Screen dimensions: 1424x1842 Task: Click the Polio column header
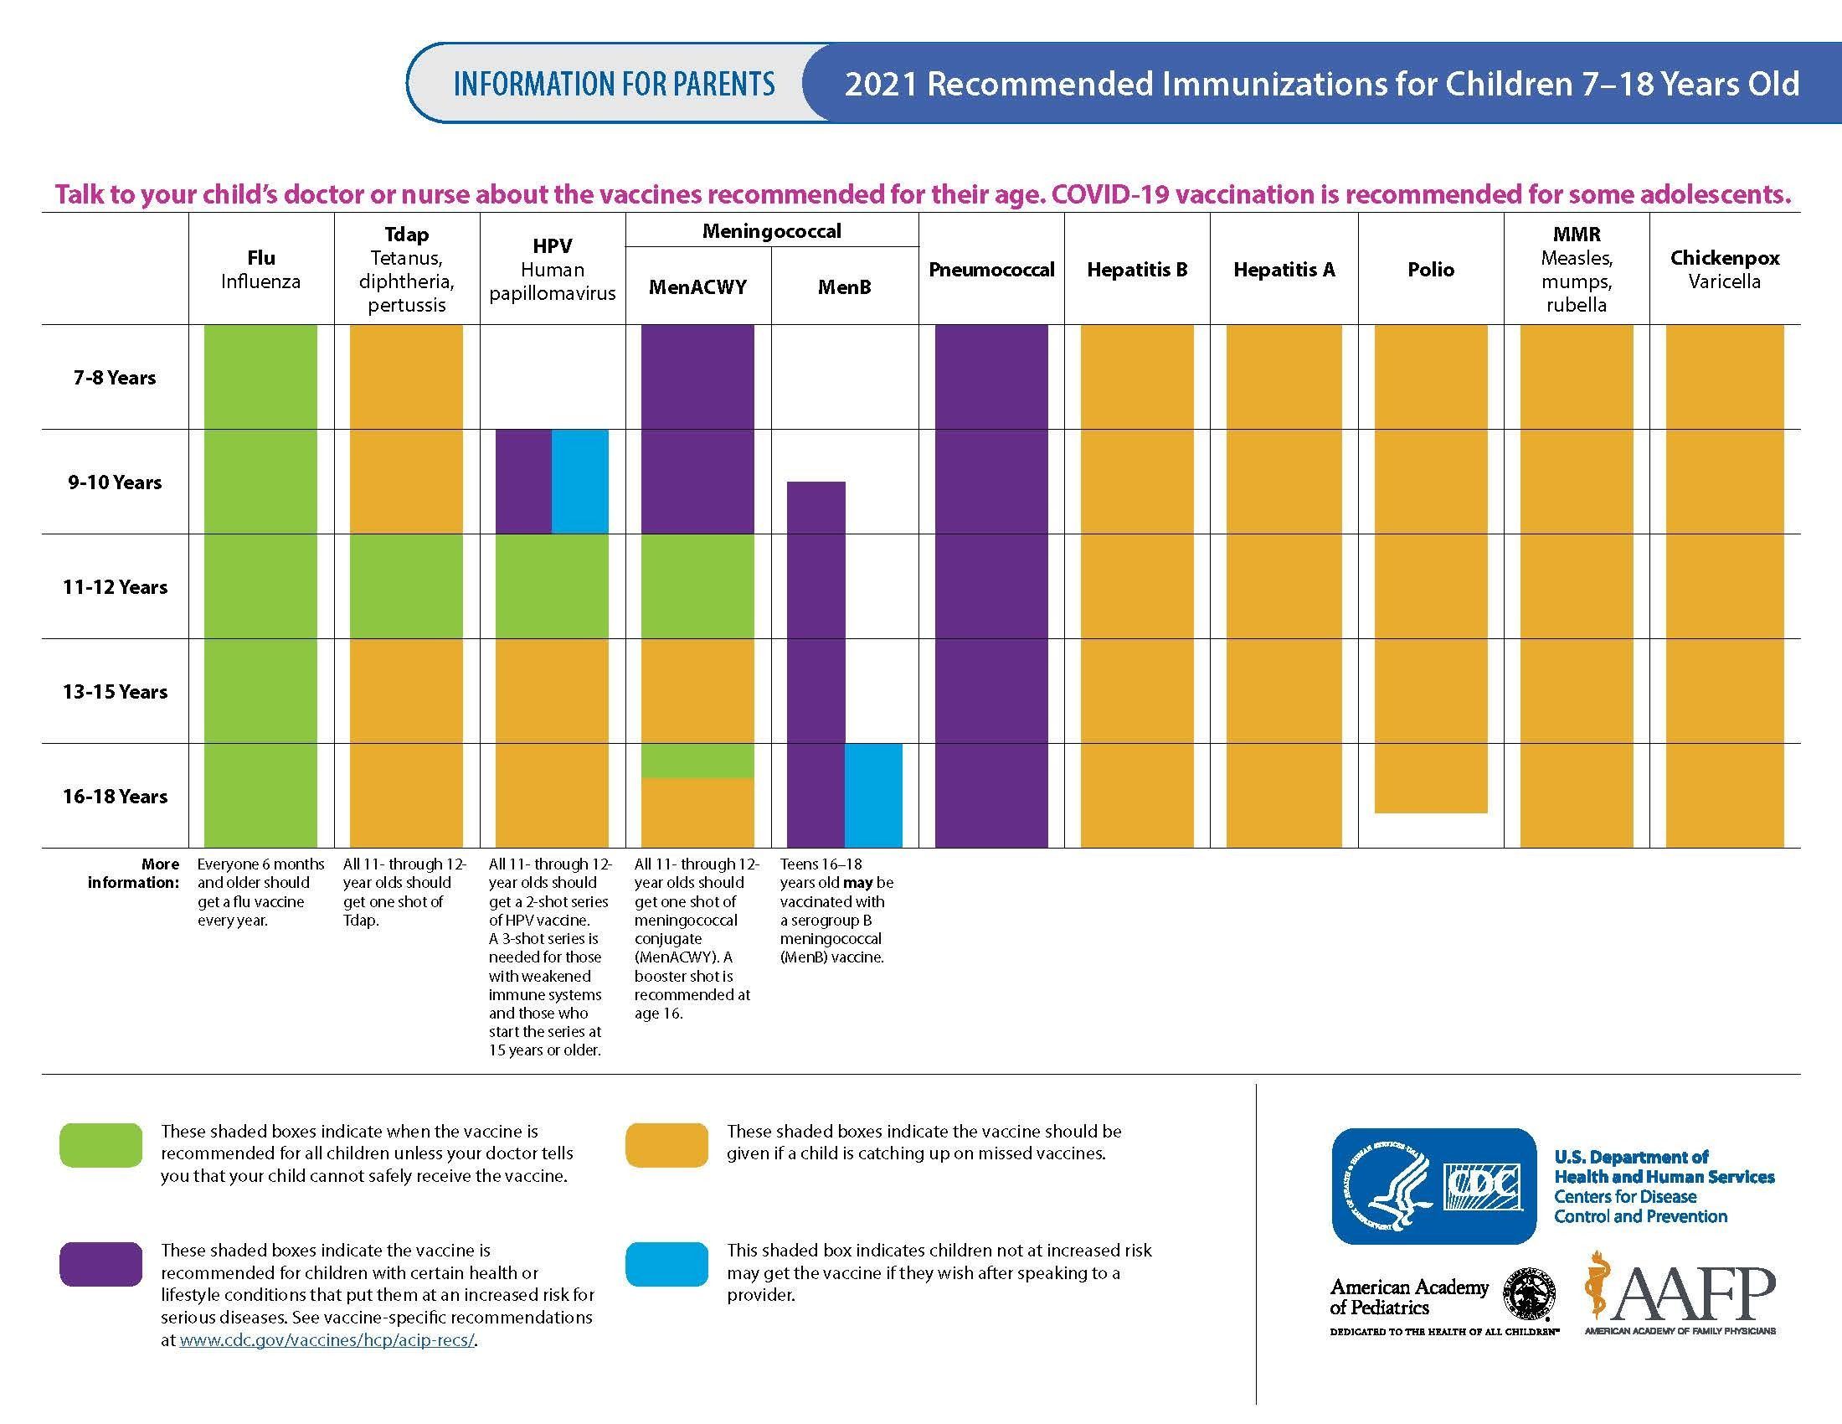click(x=1430, y=270)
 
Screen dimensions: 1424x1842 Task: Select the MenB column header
click(x=844, y=287)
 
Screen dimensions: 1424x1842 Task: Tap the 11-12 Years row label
click(x=115, y=587)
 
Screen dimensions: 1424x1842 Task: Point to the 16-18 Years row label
click(x=115, y=797)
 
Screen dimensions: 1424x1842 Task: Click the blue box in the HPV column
click(x=580, y=482)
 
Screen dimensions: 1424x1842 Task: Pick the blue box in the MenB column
click(x=874, y=796)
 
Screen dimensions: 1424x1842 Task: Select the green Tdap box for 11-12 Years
click(x=407, y=586)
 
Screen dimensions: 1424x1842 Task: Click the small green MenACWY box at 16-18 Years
click(x=697, y=760)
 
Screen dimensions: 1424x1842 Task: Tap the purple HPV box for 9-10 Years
click(x=523, y=482)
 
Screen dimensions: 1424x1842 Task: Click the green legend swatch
click(x=100, y=1145)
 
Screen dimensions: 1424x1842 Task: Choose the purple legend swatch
click(x=100, y=1264)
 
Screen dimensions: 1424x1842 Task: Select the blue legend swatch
click(x=666, y=1264)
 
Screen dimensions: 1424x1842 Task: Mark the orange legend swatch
click(x=666, y=1145)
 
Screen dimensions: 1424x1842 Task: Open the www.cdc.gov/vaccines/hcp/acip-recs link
click(x=327, y=1339)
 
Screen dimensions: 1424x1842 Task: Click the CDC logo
click(x=1433, y=1186)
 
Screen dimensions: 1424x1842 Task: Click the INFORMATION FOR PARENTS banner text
click(x=614, y=84)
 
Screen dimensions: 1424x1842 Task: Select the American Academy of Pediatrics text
click(x=1408, y=1298)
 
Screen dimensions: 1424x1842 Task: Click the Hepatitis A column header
click(x=1284, y=270)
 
